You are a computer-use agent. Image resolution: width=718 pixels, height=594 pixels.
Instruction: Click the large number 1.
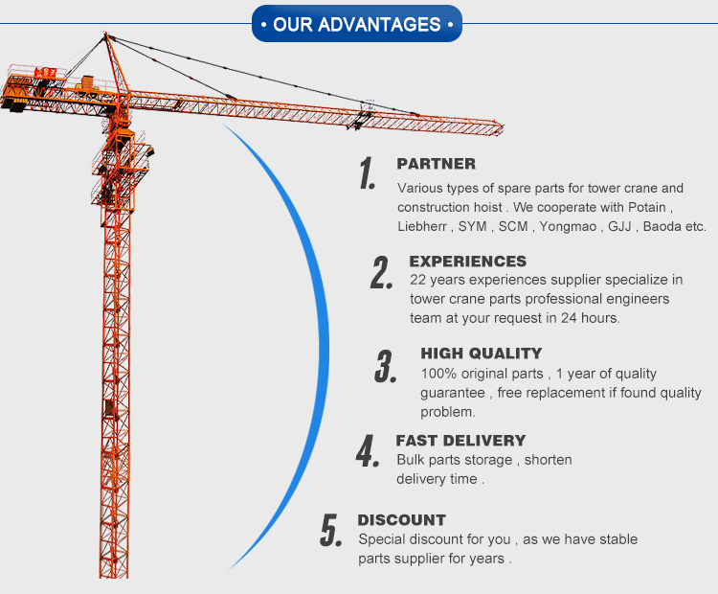[367, 173]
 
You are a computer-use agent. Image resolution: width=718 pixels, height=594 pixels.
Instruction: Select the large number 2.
[382, 272]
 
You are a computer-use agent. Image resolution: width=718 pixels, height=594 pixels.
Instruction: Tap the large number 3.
[386, 366]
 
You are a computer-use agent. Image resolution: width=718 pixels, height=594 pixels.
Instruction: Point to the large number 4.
[368, 451]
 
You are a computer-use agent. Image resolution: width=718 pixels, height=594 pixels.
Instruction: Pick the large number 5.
[331, 530]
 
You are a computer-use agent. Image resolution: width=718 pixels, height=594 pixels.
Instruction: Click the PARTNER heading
[436, 164]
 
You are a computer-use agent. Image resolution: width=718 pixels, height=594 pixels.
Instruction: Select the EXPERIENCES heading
[467, 261]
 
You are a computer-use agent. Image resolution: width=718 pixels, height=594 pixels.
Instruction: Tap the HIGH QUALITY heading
[481, 354]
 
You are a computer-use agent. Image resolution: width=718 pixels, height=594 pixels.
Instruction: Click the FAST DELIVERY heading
[460, 441]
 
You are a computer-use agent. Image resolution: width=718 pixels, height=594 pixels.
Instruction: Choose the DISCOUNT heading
[401, 520]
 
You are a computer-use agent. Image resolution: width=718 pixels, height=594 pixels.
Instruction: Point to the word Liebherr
[422, 227]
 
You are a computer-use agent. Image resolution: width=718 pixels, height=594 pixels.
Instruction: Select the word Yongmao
[566, 227]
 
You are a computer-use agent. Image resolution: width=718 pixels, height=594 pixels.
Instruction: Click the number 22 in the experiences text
[417, 280]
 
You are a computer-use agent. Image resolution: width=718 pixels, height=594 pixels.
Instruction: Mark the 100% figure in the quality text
[438, 374]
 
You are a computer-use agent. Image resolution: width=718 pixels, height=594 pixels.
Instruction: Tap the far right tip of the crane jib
[502, 126]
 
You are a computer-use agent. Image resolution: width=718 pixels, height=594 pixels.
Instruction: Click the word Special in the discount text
[381, 539]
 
